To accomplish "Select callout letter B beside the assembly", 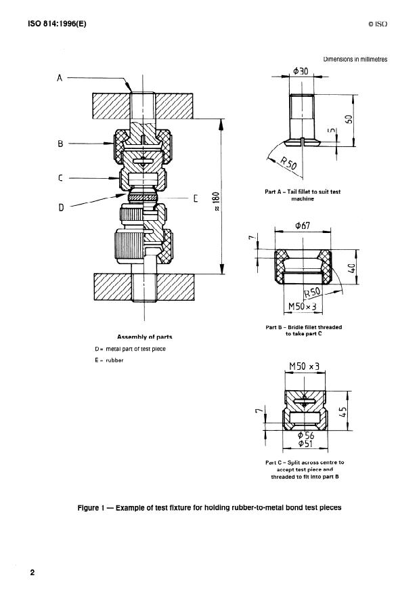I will [x=60, y=144].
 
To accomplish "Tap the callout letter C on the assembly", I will [x=60, y=179].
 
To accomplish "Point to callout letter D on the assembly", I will [x=60, y=207].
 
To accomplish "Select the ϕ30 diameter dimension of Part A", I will [x=301, y=71].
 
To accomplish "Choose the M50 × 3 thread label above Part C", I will [x=305, y=367].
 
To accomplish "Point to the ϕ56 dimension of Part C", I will [x=306, y=436].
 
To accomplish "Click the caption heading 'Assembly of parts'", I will [x=145, y=337].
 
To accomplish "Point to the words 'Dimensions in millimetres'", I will [x=355, y=59].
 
